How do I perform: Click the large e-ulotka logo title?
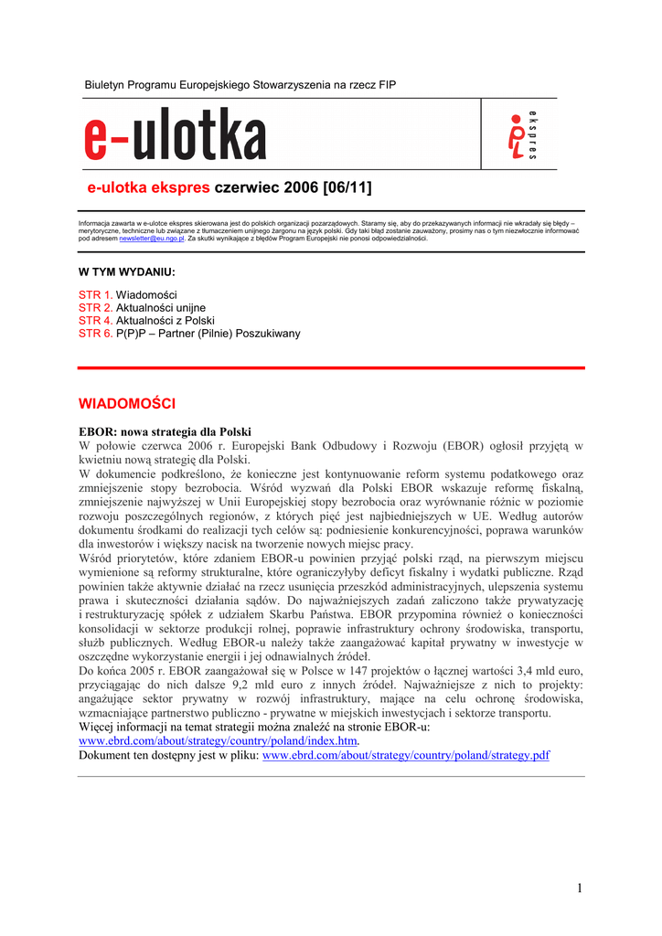click(176, 135)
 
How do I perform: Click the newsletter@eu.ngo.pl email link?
click(152, 238)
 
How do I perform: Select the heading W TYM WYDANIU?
click(126, 272)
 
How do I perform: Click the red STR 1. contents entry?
click(95, 295)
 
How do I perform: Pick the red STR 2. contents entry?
click(95, 308)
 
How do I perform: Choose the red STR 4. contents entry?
click(95, 321)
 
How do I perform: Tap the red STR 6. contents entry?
click(95, 334)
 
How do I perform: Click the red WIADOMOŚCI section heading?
click(126, 403)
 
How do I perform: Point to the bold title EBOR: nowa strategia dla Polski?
click(165, 431)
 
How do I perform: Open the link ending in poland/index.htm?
click(219, 741)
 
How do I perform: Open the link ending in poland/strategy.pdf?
click(406, 756)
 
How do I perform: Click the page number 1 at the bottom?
click(580, 888)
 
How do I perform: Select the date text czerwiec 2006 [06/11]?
click(293, 188)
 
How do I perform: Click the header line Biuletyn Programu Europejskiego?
click(240, 85)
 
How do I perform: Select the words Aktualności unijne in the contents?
click(161, 308)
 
